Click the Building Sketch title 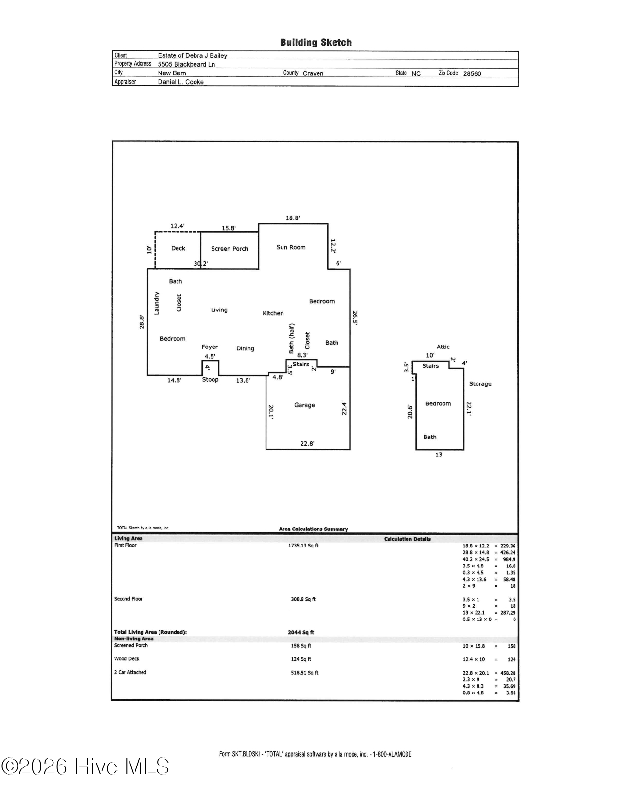(x=316, y=43)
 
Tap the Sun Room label (x=291, y=247)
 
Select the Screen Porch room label (x=230, y=249)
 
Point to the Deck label (x=178, y=248)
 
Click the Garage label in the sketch (x=304, y=405)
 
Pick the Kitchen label (x=273, y=313)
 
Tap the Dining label (x=245, y=348)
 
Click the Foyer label (x=210, y=347)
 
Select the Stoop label (x=210, y=380)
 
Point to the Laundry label (x=157, y=303)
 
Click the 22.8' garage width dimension (x=307, y=443)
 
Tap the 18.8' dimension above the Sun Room (x=292, y=218)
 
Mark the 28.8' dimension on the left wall (x=142, y=322)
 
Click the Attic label (x=443, y=347)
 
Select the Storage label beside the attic (x=480, y=384)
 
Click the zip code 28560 (x=472, y=74)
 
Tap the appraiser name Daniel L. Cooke (x=180, y=82)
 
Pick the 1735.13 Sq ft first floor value (x=303, y=546)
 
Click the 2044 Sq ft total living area (x=301, y=632)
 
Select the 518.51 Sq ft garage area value (x=304, y=673)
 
